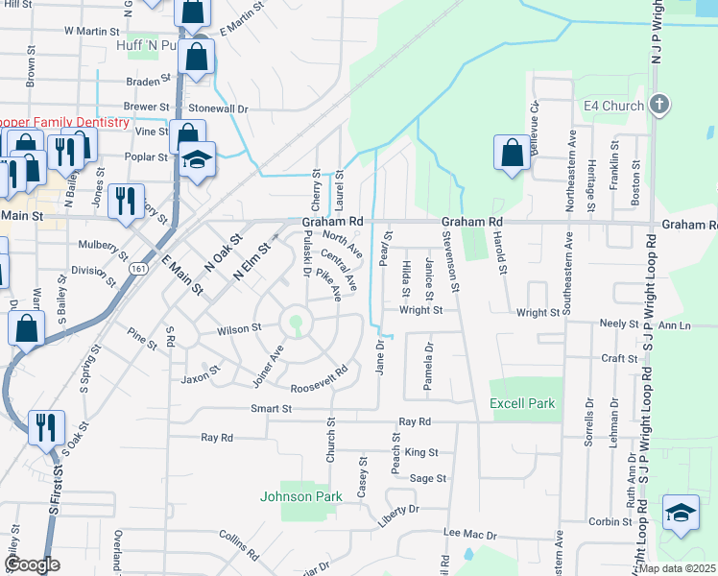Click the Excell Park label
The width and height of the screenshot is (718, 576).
[522, 404]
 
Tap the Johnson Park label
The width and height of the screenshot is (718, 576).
[300, 496]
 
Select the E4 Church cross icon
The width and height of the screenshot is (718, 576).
[658, 104]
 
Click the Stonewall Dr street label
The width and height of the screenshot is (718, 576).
[218, 108]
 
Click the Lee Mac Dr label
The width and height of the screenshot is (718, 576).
[469, 534]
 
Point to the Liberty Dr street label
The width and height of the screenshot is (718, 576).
[400, 510]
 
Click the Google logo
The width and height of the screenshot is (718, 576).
[31, 565]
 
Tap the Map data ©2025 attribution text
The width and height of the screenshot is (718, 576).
[676, 568]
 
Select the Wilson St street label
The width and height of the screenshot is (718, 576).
[239, 328]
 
